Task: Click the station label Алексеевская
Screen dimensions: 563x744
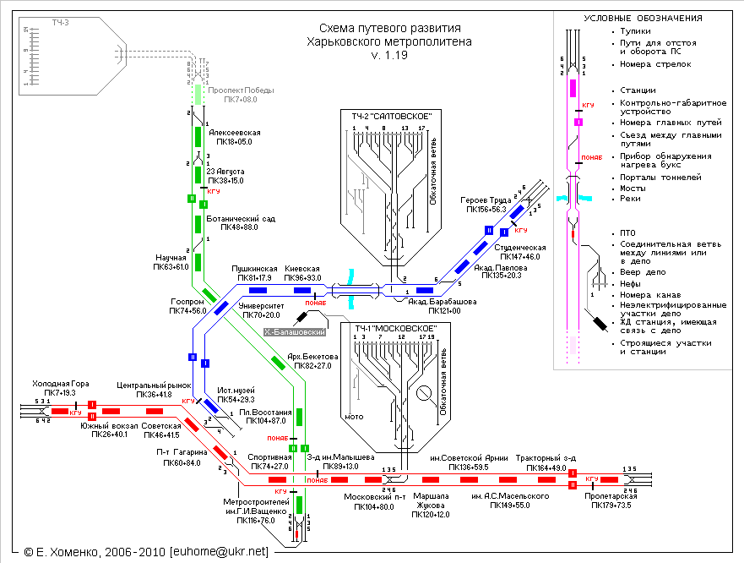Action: pyautogui.click(x=235, y=133)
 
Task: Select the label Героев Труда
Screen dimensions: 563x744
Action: pyautogui.click(x=483, y=200)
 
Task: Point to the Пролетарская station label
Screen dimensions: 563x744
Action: pyautogui.click(x=611, y=495)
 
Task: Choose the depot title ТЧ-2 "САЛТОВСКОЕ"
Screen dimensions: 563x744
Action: pyautogui.click(x=387, y=115)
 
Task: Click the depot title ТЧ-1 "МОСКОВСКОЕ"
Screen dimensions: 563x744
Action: pyautogui.click(x=389, y=328)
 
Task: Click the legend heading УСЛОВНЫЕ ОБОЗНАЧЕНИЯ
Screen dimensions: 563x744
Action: pyautogui.click(x=643, y=19)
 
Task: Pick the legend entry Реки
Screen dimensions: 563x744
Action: pyautogui.click(x=630, y=199)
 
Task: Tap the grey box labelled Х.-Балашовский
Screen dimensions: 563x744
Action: pyautogui.click(x=295, y=332)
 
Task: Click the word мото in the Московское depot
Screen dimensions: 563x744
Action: pyautogui.click(x=354, y=417)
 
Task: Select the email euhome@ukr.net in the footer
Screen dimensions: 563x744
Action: pyautogui.click(x=219, y=551)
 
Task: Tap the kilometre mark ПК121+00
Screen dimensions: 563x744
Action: pyautogui.click(x=443, y=311)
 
